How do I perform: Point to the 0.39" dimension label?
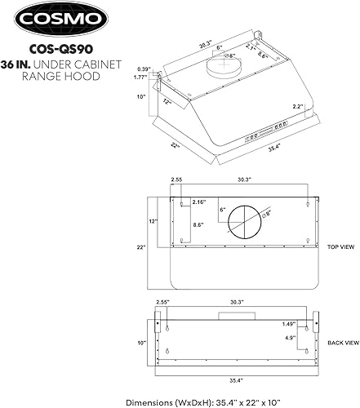coord(144,69)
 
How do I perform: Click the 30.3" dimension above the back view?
coord(238,301)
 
